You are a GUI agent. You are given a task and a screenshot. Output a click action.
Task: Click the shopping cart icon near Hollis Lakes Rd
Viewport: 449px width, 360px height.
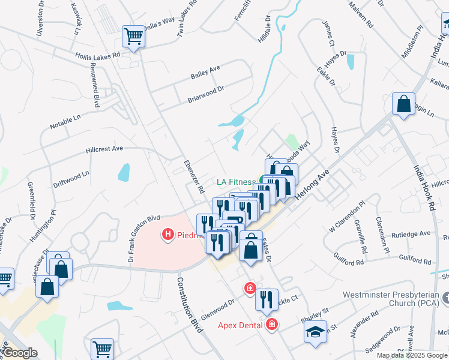133,36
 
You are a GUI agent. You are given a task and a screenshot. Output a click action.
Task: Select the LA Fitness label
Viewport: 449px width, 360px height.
237,181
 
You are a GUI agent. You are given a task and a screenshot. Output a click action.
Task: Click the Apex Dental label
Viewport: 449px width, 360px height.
240,325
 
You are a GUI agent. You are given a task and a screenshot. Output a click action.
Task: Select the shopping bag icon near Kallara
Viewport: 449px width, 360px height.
404,104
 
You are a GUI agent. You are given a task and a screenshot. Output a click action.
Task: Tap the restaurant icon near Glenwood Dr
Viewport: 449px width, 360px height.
267,299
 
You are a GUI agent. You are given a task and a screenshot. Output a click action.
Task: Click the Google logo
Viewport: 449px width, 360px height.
19,353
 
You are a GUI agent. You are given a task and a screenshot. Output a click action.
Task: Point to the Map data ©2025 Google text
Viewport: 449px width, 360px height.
412,355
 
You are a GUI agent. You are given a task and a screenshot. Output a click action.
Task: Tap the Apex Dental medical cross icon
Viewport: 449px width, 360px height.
272,325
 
